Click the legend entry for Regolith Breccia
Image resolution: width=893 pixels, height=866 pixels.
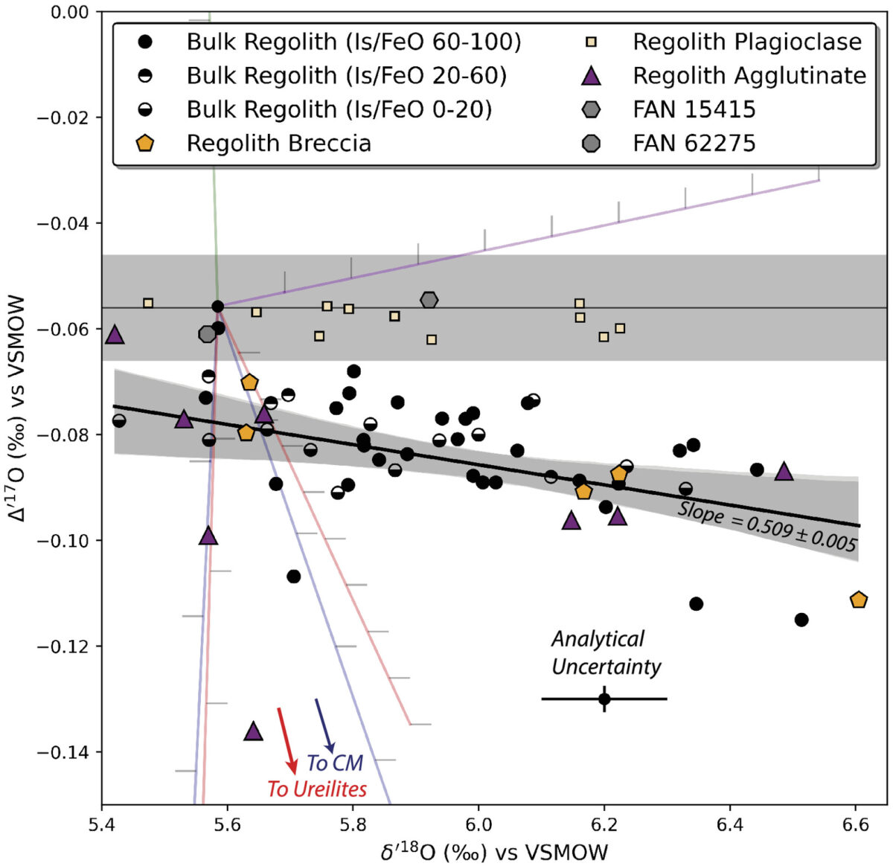tap(278, 143)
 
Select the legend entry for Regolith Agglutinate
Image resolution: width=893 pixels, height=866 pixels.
tap(749, 76)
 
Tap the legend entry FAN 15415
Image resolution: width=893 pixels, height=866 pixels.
tap(694, 109)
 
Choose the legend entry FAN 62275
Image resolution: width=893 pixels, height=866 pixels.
tap(694, 143)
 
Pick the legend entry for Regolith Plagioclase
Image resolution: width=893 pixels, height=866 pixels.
tap(746, 42)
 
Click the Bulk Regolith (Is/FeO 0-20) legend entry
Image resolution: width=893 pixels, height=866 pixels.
tap(339, 109)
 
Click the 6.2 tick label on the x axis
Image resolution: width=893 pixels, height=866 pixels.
tap(604, 825)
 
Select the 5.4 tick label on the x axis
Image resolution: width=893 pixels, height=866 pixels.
tap(101, 825)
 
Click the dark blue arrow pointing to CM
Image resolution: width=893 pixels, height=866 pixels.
tap(324, 725)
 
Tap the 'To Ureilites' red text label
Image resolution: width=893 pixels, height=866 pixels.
tap(317, 789)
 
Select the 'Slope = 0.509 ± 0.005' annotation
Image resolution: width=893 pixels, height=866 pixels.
tap(766, 527)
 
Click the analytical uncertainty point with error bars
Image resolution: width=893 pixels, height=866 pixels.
tap(604, 699)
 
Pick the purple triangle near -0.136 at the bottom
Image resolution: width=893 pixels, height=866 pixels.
tap(254, 731)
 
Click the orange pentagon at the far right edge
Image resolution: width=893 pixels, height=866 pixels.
tap(858, 600)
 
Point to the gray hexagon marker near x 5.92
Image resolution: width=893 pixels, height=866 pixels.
tap(429, 300)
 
